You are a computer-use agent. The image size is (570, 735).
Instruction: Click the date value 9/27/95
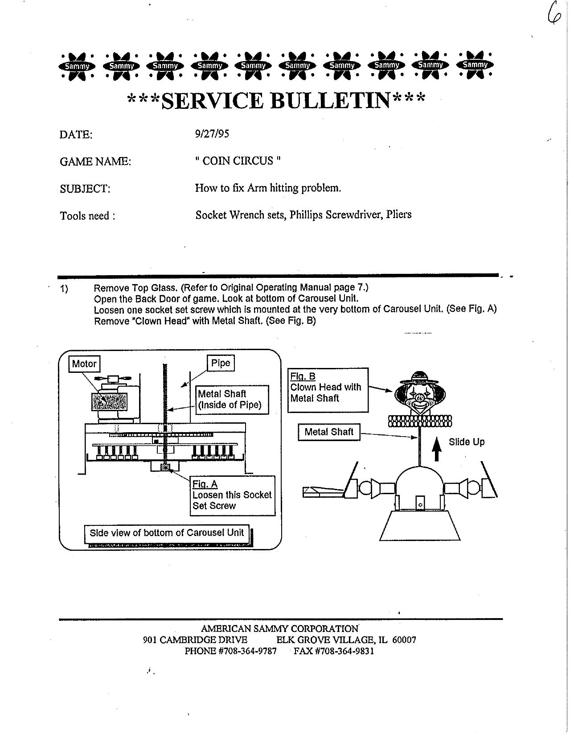point(212,134)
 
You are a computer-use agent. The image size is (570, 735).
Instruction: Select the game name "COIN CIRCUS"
point(238,161)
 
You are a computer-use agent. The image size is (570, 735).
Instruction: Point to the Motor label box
point(84,363)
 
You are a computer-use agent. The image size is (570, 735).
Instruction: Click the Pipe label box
point(221,363)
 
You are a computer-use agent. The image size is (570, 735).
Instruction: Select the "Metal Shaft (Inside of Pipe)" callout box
point(232,400)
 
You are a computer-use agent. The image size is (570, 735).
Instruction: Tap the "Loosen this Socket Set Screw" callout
point(232,496)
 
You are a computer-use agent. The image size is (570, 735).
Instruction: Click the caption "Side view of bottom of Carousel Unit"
point(167,533)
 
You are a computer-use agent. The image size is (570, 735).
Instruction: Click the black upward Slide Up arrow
point(438,449)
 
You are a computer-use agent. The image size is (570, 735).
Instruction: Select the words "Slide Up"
point(466,442)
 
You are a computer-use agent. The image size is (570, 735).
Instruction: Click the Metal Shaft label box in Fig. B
point(329,432)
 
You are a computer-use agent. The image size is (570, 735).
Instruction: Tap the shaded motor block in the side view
point(109,401)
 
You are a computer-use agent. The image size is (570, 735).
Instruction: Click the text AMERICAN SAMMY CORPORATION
point(280,629)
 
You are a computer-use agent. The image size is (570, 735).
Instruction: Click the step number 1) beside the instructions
point(64,289)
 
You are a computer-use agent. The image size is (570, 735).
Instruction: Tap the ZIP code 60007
point(404,640)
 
